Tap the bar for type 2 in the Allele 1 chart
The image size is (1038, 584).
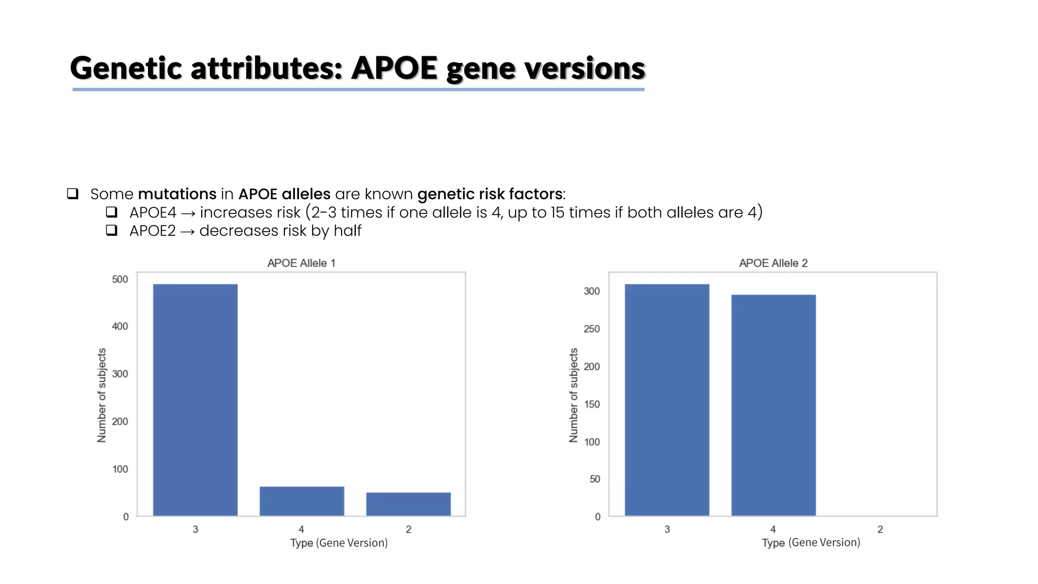click(x=408, y=504)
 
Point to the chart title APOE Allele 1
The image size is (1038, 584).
click(x=301, y=263)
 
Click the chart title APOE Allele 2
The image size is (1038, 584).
click(x=773, y=263)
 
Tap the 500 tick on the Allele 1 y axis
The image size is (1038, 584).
click(x=120, y=279)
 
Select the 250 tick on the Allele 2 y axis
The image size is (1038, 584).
click(x=591, y=329)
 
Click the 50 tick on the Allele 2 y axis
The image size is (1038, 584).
click(x=595, y=479)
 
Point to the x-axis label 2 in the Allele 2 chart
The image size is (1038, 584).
click(x=880, y=529)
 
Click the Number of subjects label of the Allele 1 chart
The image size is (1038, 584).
click(x=102, y=395)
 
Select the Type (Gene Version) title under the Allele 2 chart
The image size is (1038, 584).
click(x=811, y=542)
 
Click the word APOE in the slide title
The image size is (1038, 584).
click(x=394, y=68)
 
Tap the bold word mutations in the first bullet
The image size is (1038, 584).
click(x=177, y=194)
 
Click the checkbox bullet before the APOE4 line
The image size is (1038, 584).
click(x=112, y=212)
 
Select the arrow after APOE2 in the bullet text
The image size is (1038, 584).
click(x=188, y=232)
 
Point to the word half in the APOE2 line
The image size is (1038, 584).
click(x=347, y=231)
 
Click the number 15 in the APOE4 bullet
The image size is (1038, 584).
click(x=557, y=212)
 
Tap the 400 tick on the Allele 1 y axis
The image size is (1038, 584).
click(x=120, y=326)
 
